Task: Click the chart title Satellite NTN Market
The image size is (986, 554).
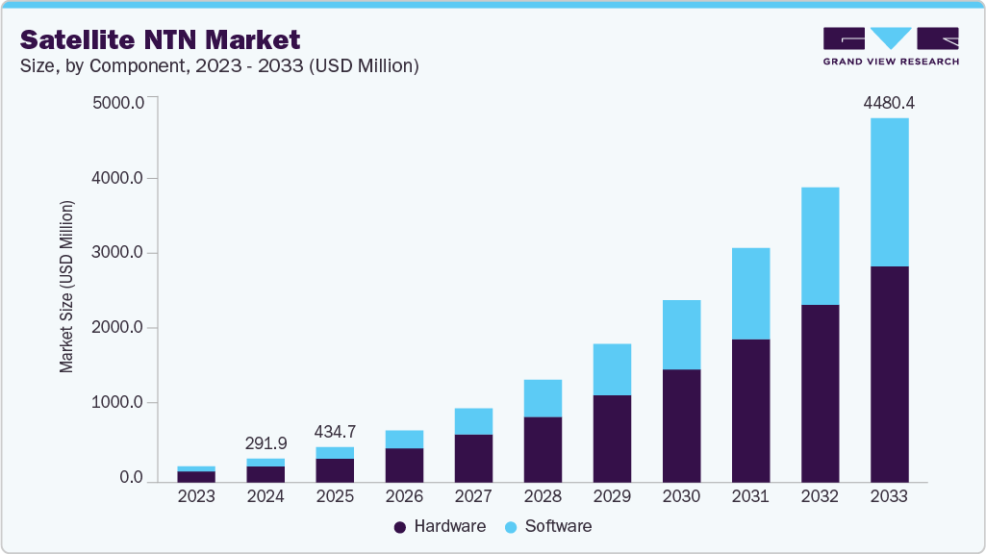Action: [x=160, y=39]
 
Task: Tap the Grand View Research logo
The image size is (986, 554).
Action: [x=890, y=46]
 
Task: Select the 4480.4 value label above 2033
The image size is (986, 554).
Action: [x=889, y=102]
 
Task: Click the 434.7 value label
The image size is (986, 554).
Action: [x=334, y=432]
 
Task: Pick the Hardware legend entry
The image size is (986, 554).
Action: [x=441, y=526]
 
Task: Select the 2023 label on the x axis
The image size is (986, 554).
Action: [x=196, y=497]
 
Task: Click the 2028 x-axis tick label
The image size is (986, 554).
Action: [x=543, y=497]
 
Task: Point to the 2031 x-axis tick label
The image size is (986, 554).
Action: [x=750, y=497]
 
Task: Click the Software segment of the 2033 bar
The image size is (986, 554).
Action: [x=889, y=192]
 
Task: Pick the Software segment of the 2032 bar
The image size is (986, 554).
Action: [x=820, y=246]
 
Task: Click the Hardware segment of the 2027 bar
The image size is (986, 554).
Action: [x=473, y=458]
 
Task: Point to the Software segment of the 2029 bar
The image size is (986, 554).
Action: [x=612, y=369]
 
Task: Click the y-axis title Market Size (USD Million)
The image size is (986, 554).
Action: [x=66, y=287]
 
